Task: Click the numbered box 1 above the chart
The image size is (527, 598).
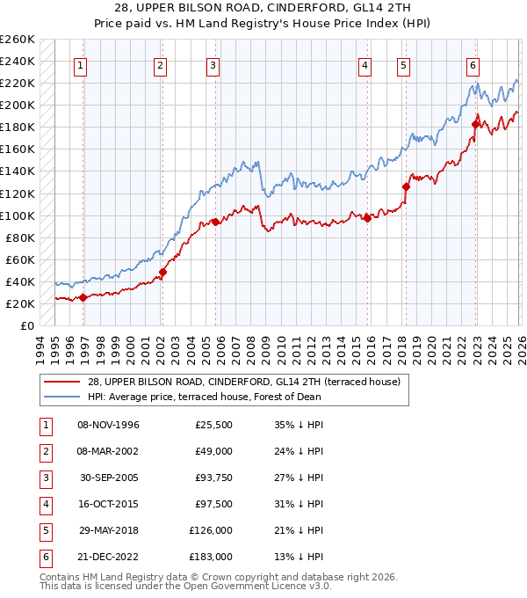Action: pyautogui.click(x=81, y=64)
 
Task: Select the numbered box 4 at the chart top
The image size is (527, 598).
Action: pyautogui.click(x=365, y=64)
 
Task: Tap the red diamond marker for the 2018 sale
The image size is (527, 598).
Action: pyautogui.click(x=406, y=186)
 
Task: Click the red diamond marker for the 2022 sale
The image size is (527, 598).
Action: pyautogui.click(x=475, y=124)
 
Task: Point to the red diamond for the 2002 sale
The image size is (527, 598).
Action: pyautogui.click(x=162, y=272)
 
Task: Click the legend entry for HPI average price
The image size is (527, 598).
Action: pyautogui.click(x=204, y=397)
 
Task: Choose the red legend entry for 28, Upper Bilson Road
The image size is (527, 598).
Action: pyautogui.click(x=243, y=382)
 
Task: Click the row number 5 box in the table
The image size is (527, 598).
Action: pyautogui.click(x=43, y=530)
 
